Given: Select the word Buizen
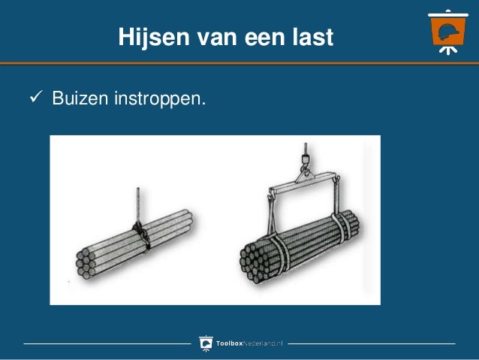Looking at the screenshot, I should pyautogui.click(x=80, y=98).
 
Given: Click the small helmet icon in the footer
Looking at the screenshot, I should pyautogui.click(x=206, y=343).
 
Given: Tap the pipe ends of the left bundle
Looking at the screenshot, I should pyautogui.click(x=89, y=263).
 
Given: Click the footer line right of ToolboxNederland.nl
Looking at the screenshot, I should pyautogui.click(x=371, y=344).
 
